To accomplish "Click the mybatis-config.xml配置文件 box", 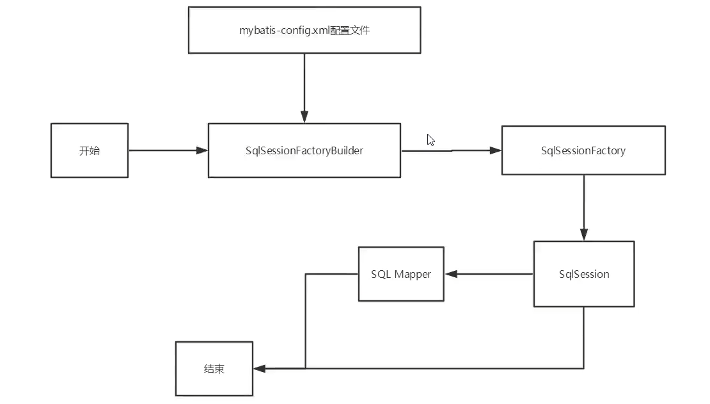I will [x=304, y=30].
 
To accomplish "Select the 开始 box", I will [x=90, y=150].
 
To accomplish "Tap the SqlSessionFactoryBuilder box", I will [x=304, y=150].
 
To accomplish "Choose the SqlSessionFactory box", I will [x=583, y=150].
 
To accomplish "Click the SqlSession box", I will [x=584, y=274].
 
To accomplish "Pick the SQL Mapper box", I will [x=401, y=274].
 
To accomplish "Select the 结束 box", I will [x=214, y=369].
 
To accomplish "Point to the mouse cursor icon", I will [x=430, y=140].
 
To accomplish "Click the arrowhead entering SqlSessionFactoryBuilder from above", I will [x=304, y=117].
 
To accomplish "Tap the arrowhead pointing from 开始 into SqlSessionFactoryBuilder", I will [x=202, y=150].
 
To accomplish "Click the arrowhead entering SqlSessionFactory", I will [x=495, y=150].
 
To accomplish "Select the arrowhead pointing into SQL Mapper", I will [x=451, y=274].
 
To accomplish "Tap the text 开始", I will [x=90, y=151].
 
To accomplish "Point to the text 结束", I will [x=214, y=369].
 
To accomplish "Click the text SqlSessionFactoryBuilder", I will [x=304, y=151].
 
